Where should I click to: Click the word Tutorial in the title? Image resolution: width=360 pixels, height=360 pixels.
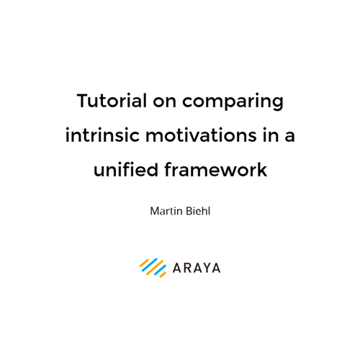[x=112, y=101]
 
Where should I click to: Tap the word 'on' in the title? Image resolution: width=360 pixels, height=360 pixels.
[x=165, y=102]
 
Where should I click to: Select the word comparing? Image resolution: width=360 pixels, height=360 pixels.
[x=233, y=103]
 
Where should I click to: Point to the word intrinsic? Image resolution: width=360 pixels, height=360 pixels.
[x=102, y=135]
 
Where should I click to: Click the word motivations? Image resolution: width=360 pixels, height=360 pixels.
[x=201, y=135]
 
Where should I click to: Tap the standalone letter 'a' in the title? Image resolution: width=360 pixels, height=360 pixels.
[x=289, y=137]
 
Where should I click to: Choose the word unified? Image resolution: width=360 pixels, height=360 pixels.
[x=126, y=169]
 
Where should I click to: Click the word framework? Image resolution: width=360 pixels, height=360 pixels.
[x=216, y=169]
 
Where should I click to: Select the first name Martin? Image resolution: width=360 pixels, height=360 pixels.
[x=166, y=211]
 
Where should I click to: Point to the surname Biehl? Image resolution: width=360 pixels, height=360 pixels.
[x=198, y=211]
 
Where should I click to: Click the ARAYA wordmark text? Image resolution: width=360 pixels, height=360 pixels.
[x=197, y=268]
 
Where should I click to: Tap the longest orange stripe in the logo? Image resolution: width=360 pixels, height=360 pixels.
[x=155, y=268]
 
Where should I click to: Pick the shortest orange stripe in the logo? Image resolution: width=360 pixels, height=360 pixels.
[x=163, y=275]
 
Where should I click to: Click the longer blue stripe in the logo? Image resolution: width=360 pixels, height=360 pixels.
[x=150, y=265]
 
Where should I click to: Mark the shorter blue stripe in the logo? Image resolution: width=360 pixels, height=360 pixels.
[x=160, y=270]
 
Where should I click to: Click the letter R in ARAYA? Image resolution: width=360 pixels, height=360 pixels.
[x=188, y=268]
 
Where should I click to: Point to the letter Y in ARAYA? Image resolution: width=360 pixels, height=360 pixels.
[x=206, y=268]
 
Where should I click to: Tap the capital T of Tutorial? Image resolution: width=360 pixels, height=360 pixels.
[x=83, y=101]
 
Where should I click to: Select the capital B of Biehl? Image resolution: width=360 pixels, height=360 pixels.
[x=189, y=211]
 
